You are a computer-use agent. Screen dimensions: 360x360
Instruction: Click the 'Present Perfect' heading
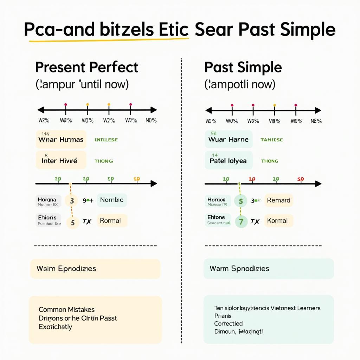[86, 67]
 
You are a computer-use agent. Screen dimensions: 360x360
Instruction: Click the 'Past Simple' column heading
[243, 67]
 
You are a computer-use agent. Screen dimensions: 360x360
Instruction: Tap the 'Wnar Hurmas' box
[61, 139]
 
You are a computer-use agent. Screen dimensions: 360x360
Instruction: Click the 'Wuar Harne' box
[229, 139]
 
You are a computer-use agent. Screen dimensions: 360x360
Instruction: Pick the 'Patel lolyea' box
[229, 160]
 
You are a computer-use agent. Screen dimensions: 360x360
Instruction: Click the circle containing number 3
[72, 201]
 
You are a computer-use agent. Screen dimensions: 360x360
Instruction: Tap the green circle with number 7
[241, 221]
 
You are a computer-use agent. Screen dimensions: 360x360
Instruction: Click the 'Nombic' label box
[112, 200]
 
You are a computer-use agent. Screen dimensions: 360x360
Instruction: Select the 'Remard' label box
[278, 200]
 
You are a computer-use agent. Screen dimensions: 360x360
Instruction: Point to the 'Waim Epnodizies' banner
[95, 269]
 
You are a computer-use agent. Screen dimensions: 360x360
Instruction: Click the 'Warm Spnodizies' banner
[268, 269]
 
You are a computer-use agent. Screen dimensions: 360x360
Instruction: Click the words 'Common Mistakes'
[66, 310]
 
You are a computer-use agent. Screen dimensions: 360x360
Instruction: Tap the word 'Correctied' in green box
[228, 323]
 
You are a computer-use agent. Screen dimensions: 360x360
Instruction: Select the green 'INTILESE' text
[106, 140]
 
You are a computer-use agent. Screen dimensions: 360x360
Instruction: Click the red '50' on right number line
[300, 179]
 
